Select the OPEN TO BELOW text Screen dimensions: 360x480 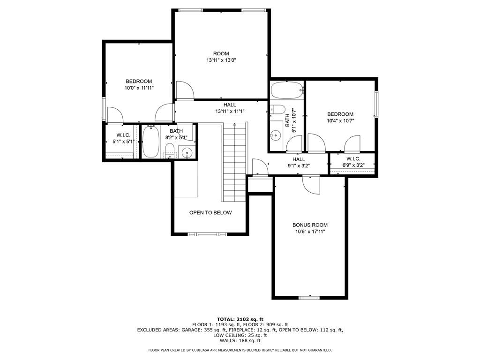(x=210, y=212)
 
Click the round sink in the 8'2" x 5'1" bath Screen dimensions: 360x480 (x=187, y=152)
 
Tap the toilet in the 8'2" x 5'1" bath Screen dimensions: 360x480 (x=170, y=151)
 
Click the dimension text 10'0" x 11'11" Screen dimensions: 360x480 (x=139, y=88)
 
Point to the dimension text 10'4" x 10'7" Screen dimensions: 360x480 (x=340, y=120)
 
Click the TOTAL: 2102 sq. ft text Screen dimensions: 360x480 (x=240, y=319)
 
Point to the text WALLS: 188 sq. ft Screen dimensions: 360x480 (x=240, y=341)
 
